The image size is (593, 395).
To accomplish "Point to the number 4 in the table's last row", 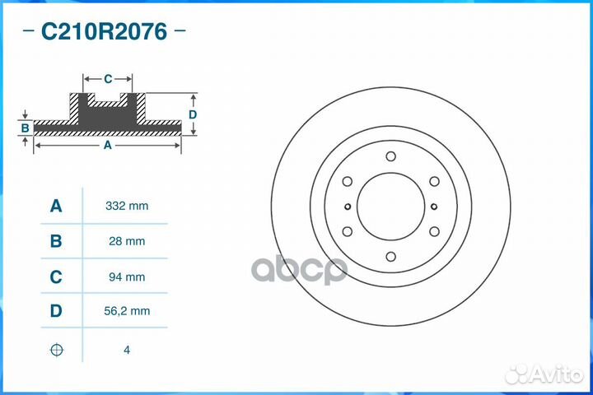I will coord(126,350).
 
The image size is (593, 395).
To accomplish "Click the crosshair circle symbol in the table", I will coord(56,350).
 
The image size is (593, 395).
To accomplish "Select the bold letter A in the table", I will coord(56,206).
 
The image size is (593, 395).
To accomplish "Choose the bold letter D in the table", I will coord(56,313).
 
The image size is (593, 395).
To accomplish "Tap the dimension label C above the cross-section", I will coord(108,79).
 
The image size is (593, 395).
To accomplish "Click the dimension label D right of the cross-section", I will coord(192,114).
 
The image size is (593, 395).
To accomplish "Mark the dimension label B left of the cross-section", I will coord(26,128).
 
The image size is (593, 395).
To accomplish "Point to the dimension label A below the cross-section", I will coord(107,145).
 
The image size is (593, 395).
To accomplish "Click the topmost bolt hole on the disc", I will coord(390,156).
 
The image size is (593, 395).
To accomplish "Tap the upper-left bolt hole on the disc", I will coord(347,181).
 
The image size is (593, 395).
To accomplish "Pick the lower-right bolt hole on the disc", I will coord(434,231).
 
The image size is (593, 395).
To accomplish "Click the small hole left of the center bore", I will coord(348,207).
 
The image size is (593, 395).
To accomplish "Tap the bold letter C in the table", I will coord(56,277).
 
